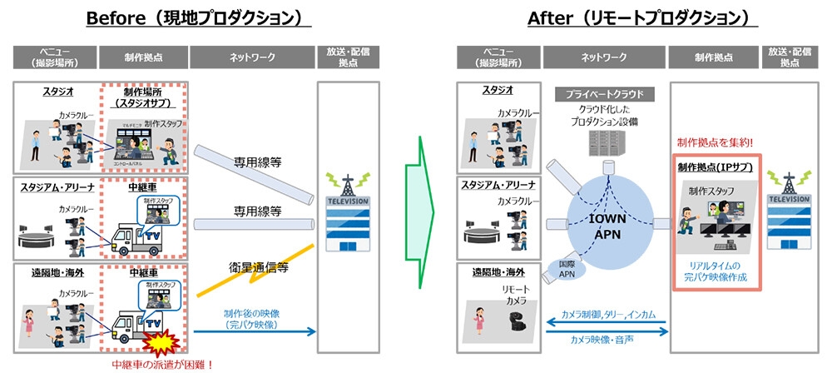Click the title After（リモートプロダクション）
(641, 18)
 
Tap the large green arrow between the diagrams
(420, 199)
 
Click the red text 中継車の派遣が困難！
(161, 364)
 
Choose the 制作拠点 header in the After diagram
(713, 57)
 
